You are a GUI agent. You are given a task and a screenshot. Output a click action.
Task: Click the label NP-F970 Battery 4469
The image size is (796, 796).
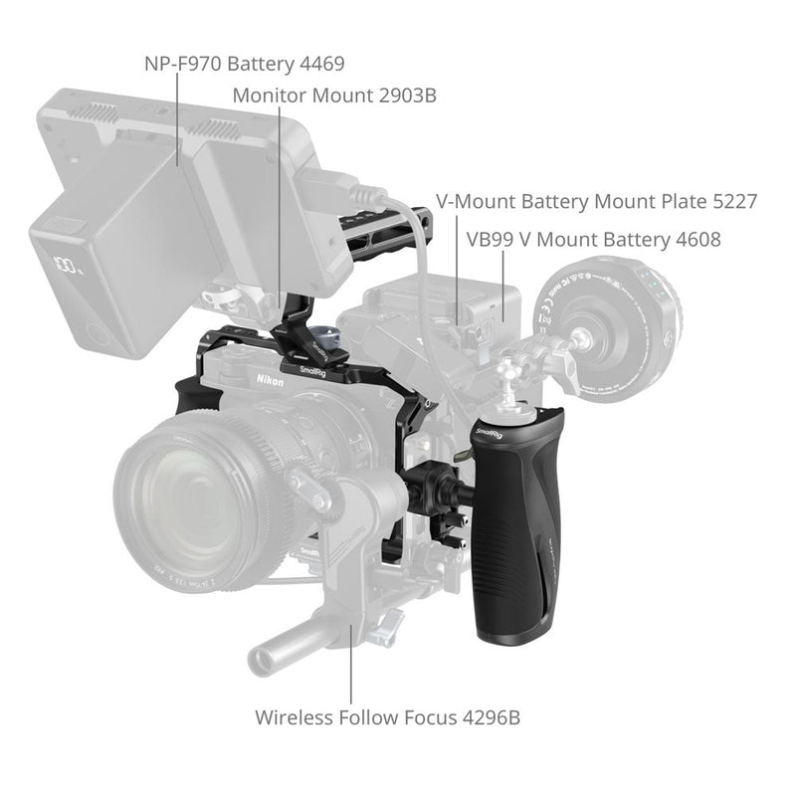244,65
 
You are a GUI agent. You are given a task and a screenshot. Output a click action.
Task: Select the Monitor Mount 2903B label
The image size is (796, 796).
334,96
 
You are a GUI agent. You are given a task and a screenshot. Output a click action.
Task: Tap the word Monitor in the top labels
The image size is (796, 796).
269,96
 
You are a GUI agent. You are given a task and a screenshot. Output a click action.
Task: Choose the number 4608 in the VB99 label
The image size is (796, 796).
696,240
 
